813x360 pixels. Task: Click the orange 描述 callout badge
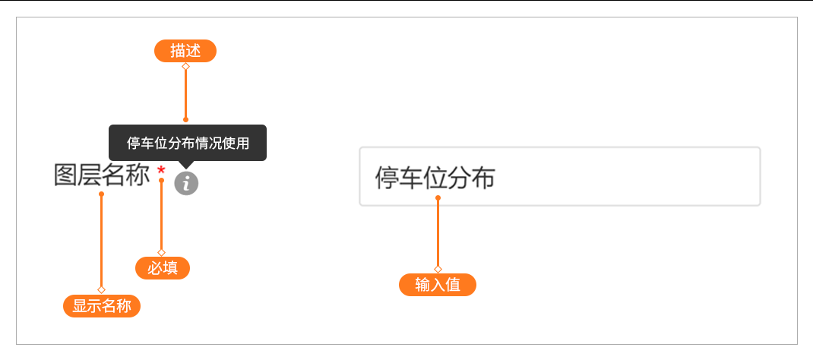pyautogui.click(x=185, y=51)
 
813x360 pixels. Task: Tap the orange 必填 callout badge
pyautogui.click(x=163, y=268)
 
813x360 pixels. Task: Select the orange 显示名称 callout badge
pyautogui.click(x=102, y=305)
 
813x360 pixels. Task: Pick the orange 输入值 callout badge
pyautogui.click(x=437, y=285)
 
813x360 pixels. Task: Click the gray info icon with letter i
pyautogui.click(x=186, y=183)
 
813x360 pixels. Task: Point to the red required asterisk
pyautogui.click(x=161, y=170)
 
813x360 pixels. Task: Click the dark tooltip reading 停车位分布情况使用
pyautogui.click(x=188, y=143)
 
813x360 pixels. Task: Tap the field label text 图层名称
pyautogui.click(x=102, y=175)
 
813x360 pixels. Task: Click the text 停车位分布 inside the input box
pyautogui.click(x=435, y=178)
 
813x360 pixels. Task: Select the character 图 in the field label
pyautogui.click(x=66, y=175)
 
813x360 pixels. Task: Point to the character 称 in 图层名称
pyautogui.click(x=138, y=175)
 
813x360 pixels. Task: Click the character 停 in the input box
pyautogui.click(x=387, y=178)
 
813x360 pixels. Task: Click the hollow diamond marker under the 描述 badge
pyautogui.click(x=185, y=66)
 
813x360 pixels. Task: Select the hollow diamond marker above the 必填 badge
pyautogui.click(x=161, y=252)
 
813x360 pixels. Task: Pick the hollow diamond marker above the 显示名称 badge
pyautogui.click(x=101, y=289)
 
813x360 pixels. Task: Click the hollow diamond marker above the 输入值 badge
pyautogui.click(x=438, y=269)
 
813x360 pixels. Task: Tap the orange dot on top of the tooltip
pyautogui.click(x=185, y=120)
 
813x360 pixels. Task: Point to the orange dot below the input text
pyautogui.click(x=438, y=197)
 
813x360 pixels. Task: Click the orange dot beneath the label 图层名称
pyautogui.click(x=101, y=194)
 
